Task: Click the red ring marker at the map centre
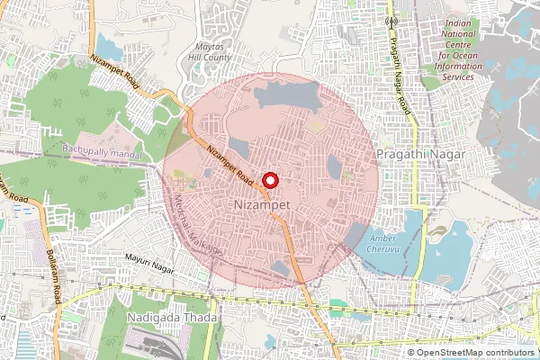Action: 269,179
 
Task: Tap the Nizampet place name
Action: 259,205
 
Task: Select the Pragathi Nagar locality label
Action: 420,155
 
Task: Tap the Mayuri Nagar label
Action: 147,258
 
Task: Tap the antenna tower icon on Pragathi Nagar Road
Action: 391,20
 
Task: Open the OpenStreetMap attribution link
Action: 475,353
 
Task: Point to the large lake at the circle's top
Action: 285,94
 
